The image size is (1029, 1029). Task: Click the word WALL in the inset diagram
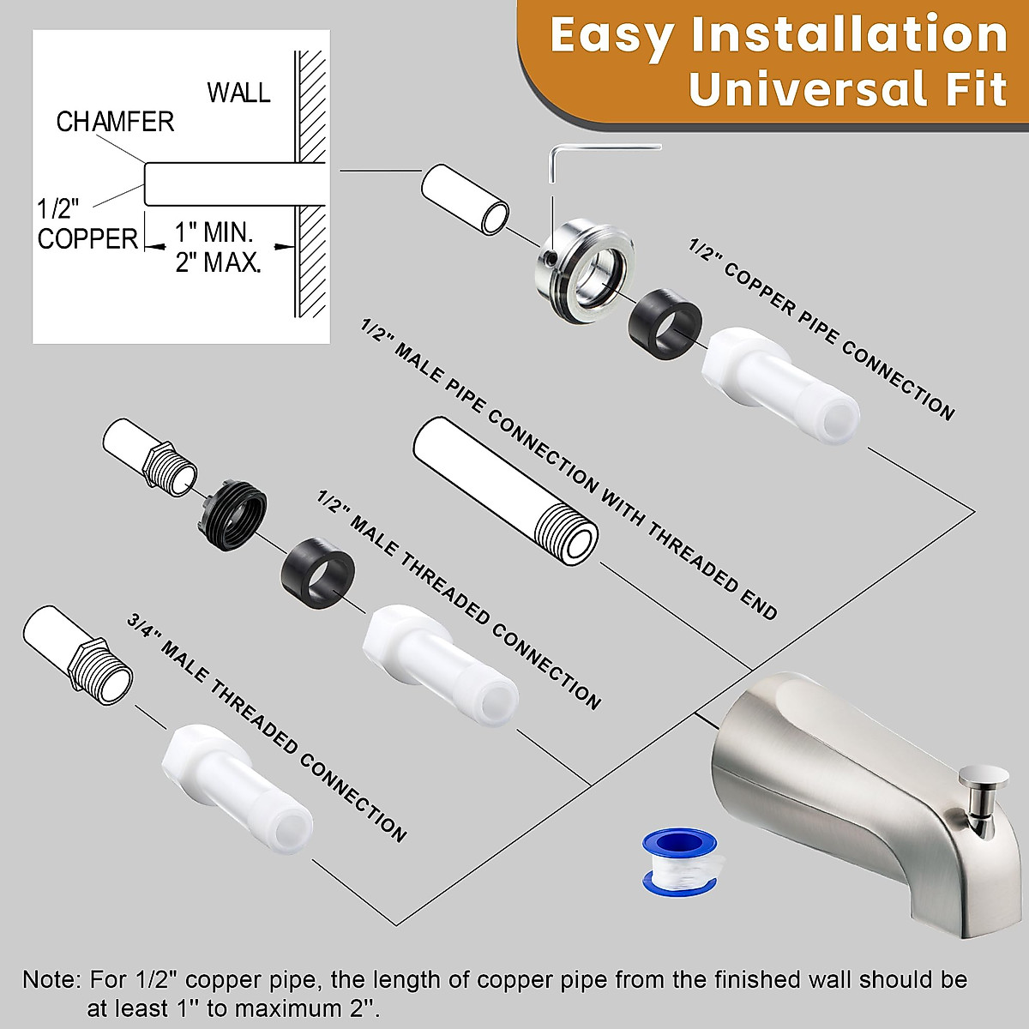tap(238, 93)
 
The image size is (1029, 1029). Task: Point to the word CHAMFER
tap(115, 122)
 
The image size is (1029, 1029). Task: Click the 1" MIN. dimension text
tap(214, 232)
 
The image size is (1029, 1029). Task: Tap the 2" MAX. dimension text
tap(218, 262)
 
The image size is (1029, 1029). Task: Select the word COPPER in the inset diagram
tap(87, 239)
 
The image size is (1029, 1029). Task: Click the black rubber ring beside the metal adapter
tap(665, 324)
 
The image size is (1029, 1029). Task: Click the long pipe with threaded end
tap(506, 492)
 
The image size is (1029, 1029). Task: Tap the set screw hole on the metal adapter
tap(549, 256)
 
